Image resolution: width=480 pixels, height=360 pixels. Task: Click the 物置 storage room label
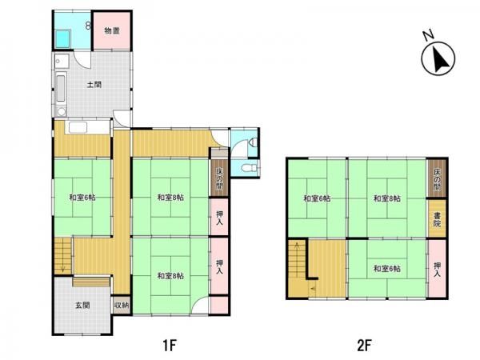tap(112, 31)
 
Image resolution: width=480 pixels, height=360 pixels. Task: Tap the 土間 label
tap(94, 85)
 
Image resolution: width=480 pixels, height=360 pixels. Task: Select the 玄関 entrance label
tap(82, 305)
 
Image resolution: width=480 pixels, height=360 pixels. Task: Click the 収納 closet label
tap(122, 306)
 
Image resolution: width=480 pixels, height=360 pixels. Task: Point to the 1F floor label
tap(170, 346)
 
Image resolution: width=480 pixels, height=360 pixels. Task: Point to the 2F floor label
tap(364, 346)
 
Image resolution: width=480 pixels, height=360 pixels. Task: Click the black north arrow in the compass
tap(440, 59)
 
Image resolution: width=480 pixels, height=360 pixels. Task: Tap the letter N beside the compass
tap(429, 34)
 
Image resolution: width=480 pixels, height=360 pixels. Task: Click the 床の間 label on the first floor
tap(219, 179)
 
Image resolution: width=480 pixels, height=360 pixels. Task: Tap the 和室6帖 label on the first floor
tap(82, 198)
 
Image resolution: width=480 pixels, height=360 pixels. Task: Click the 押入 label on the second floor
tap(438, 270)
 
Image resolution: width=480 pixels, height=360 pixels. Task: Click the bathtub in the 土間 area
tap(61, 88)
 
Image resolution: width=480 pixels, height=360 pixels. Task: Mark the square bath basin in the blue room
tap(62, 38)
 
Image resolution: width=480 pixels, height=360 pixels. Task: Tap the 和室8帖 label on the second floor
tap(386, 198)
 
